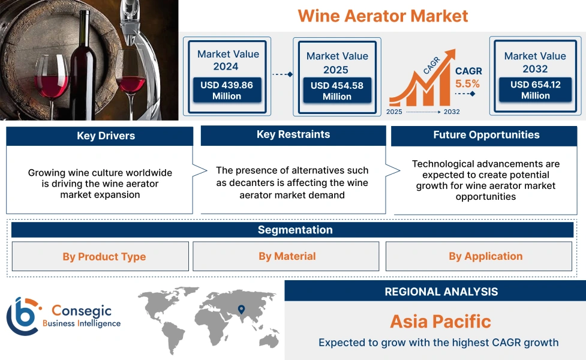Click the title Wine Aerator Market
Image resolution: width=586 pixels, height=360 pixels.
[x=383, y=16]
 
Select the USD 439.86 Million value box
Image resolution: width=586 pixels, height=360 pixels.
[x=227, y=90]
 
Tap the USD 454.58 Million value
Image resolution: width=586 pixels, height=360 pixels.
[x=336, y=91]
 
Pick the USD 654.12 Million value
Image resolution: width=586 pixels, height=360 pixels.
[x=535, y=89]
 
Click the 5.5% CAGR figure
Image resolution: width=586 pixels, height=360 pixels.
[x=468, y=84]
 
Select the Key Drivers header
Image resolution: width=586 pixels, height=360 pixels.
[x=100, y=136]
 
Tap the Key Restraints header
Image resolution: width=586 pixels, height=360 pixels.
[x=293, y=135]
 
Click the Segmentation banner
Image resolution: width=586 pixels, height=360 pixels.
[x=294, y=230]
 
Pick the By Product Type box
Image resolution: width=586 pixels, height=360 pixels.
[x=104, y=257]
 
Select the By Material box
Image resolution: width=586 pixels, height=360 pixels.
[x=287, y=257]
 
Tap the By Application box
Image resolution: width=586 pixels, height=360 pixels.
[x=485, y=257]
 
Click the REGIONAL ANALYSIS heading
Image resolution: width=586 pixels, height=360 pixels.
[x=441, y=292]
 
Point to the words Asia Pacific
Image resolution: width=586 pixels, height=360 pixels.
[x=440, y=321]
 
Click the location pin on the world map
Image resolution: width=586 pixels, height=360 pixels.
[x=241, y=310]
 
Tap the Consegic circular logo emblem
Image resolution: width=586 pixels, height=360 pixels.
[x=22, y=316]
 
